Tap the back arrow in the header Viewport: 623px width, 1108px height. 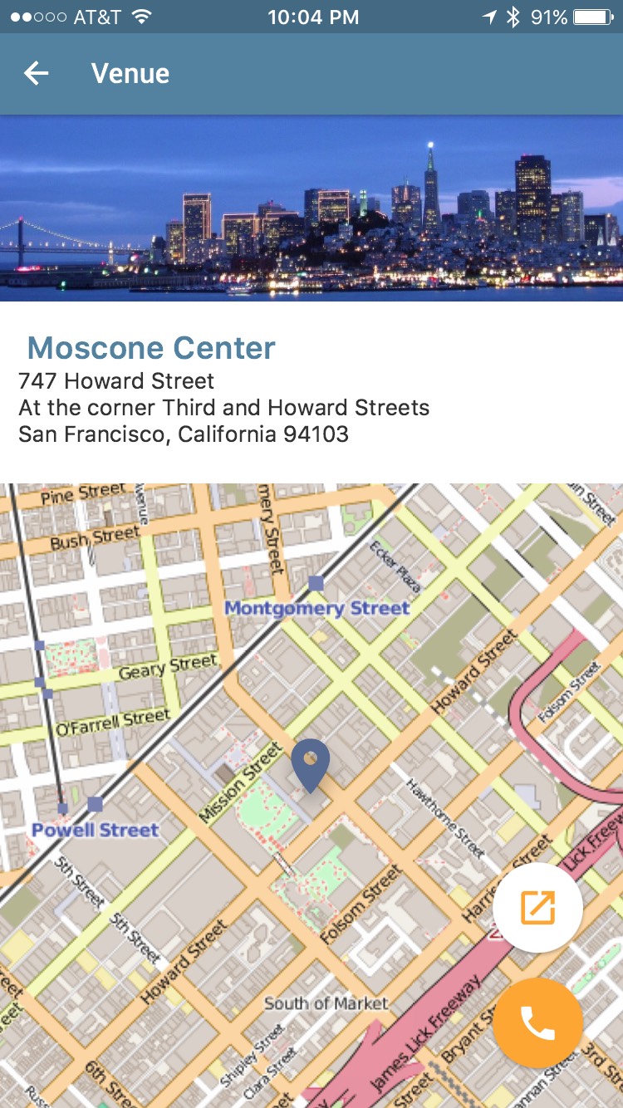pos(37,74)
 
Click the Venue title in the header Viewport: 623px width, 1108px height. pos(130,74)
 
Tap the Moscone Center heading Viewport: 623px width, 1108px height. pos(151,348)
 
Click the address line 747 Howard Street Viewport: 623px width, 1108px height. pos(116,381)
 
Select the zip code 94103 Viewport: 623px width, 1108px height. pos(316,434)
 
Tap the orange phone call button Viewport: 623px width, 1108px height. pos(537,1023)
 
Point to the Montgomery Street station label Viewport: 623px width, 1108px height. pos(317,608)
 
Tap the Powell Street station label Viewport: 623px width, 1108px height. pos(95,830)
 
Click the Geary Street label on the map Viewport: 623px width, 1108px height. pos(168,665)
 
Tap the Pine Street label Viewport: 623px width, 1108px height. pos(83,496)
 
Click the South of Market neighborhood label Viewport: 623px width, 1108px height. pos(326,1003)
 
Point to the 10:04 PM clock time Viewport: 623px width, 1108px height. pos(313,17)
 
